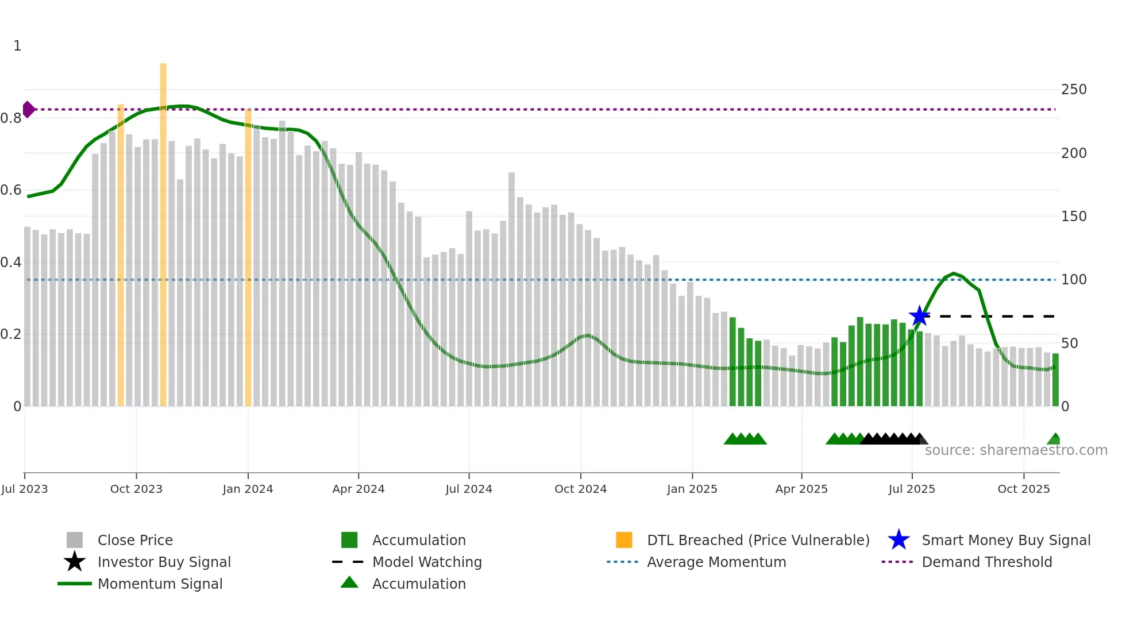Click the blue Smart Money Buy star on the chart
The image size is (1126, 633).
pyautogui.click(x=919, y=316)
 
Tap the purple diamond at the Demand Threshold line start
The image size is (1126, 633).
pyautogui.click(x=28, y=109)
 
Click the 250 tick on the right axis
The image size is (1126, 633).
pyautogui.click(x=1073, y=90)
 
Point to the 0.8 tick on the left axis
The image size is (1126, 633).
pyautogui.click(x=11, y=118)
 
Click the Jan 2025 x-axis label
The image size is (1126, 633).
pyautogui.click(x=692, y=489)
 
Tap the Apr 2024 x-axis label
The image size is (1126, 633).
pyautogui.click(x=358, y=489)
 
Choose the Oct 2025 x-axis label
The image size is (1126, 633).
pyautogui.click(x=1023, y=489)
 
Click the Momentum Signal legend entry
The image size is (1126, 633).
pyautogui.click(x=160, y=584)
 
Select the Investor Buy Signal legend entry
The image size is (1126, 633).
pyautogui.click(x=164, y=562)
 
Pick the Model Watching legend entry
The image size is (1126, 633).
pyautogui.click(x=426, y=562)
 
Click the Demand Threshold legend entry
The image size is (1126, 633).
pyautogui.click(x=986, y=562)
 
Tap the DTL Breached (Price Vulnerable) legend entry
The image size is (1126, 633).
pyautogui.click(x=758, y=540)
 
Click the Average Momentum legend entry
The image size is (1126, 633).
pyautogui.click(x=716, y=562)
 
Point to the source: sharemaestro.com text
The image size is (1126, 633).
pyautogui.click(x=1016, y=450)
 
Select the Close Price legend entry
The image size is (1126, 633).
pyautogui.click(x=134, y=540)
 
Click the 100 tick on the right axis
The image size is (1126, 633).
pyautogui.click(x=1073, y=280)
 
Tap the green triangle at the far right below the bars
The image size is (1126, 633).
pyautogui.click(x=1054, y=439)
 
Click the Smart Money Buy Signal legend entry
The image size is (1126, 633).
pyautogui.click(x=1005, y=540)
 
